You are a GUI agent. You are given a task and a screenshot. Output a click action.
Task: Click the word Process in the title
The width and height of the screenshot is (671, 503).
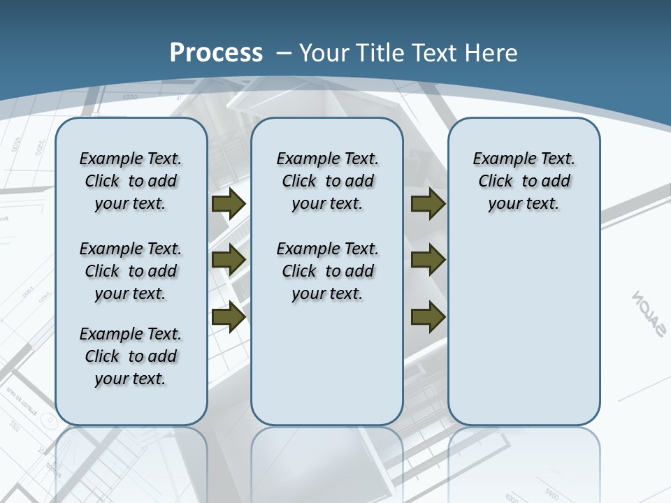click(216, 52)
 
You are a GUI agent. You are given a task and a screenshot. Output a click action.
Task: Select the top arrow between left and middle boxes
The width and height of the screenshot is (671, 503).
click(229, 204)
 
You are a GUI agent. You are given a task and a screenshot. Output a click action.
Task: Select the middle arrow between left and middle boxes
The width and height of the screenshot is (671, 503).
click(229, 260)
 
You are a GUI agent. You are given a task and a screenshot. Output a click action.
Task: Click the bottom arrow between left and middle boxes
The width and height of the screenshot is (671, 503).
click(229, 316)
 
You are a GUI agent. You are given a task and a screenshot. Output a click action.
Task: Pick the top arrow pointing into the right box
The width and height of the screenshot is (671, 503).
click(428, 204)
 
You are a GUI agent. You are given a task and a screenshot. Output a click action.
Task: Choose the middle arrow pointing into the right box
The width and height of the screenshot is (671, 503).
click(428, 260)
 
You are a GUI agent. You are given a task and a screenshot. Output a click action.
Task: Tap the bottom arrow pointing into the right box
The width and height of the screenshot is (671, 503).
click(428, 316)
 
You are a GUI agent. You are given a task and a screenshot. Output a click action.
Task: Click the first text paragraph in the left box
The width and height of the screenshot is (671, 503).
click(131, 181)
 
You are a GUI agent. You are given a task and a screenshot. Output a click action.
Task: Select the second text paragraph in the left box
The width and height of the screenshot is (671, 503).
click(131, 271)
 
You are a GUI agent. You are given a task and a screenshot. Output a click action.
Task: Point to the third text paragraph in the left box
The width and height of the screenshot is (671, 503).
click(131, 356)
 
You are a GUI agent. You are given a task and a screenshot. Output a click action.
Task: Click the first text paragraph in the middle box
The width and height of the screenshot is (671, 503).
click(327, 181)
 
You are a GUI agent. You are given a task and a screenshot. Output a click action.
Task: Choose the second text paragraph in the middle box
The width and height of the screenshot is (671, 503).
click(327, 271)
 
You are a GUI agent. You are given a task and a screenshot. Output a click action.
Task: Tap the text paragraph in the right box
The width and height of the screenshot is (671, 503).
click(524, 181)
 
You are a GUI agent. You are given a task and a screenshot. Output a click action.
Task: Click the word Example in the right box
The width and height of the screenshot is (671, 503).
click(500, 159)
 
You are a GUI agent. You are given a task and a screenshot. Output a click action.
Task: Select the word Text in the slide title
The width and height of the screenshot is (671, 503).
click(437, 52)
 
